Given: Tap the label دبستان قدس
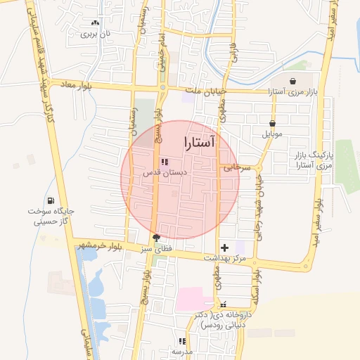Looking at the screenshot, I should point(165,172).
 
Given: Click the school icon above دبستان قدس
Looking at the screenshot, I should point(165,162).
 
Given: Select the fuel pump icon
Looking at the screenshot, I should point(51,200).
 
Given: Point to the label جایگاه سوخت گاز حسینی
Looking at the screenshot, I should point(51,216).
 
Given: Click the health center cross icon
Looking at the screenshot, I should point(224,247).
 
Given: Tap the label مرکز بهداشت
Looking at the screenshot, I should point(224,258).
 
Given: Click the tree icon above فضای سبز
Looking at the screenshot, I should point(155,238).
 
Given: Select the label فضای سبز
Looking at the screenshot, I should point(155,249).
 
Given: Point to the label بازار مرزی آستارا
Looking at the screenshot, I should point(294,92).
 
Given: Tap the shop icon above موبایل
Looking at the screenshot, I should point(272,123).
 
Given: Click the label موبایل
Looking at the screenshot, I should point(272,134).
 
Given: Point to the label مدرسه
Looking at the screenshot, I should point(181,351).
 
